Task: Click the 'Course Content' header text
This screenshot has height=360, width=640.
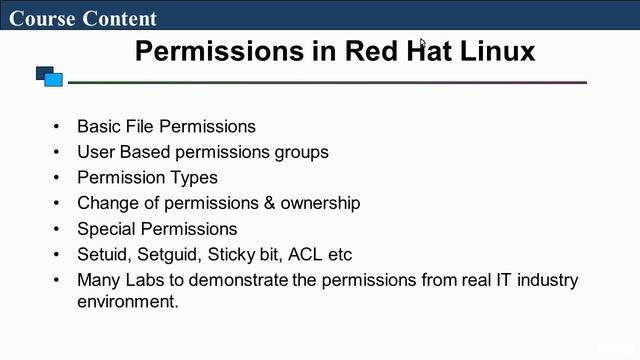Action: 83,18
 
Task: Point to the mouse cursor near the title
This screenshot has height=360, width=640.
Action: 423,44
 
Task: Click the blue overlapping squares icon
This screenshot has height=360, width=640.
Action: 49,76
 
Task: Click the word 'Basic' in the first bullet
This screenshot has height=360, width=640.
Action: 98,126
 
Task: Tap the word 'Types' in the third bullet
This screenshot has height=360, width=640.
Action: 195,177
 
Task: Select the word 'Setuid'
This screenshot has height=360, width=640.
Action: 103,254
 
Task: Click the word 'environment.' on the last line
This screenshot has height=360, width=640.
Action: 128,300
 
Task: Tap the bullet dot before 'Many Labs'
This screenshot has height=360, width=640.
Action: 56,280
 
